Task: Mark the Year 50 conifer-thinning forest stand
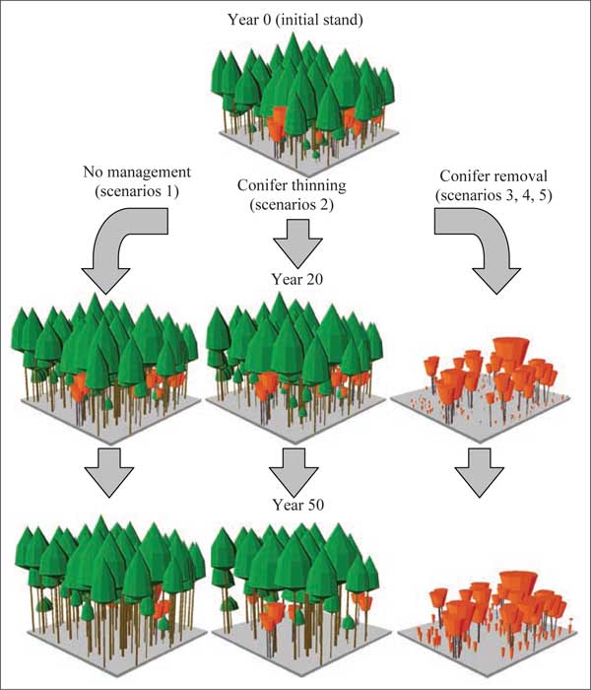point(295,591)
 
